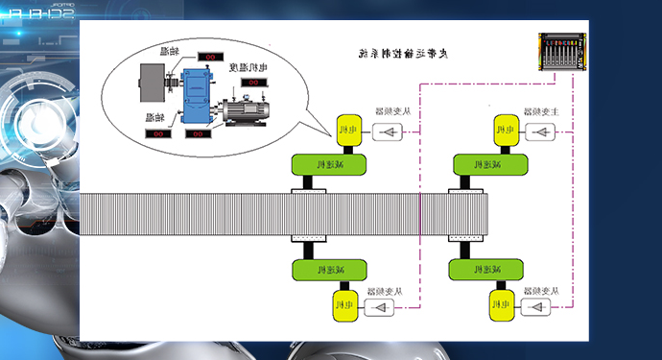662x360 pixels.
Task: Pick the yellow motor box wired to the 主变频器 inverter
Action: coord(502,130)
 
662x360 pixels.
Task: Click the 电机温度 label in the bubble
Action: coord(248,67)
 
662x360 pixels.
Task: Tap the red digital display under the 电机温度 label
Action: coord(252,83)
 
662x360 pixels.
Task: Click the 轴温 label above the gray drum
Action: coord(169,50)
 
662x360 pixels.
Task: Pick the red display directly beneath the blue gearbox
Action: coord(200,133)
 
